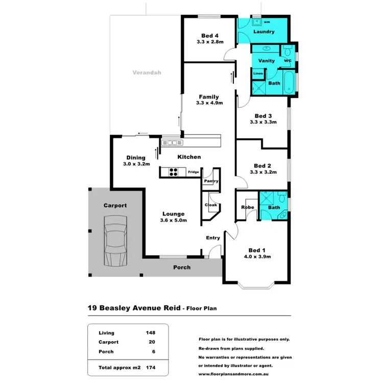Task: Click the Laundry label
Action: (264, 32)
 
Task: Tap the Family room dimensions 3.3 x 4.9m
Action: (207, 103)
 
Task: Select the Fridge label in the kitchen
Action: (193, 172)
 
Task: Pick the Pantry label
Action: (211, 181)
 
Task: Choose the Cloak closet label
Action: (211, 205)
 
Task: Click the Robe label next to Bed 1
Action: (248, 207)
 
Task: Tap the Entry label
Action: (213, 238)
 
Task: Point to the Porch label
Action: (182, 267)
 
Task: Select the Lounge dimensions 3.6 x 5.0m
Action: (174, 221)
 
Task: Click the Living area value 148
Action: (150, 333)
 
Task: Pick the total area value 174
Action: (150, 367)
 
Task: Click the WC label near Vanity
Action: (287, 60)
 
